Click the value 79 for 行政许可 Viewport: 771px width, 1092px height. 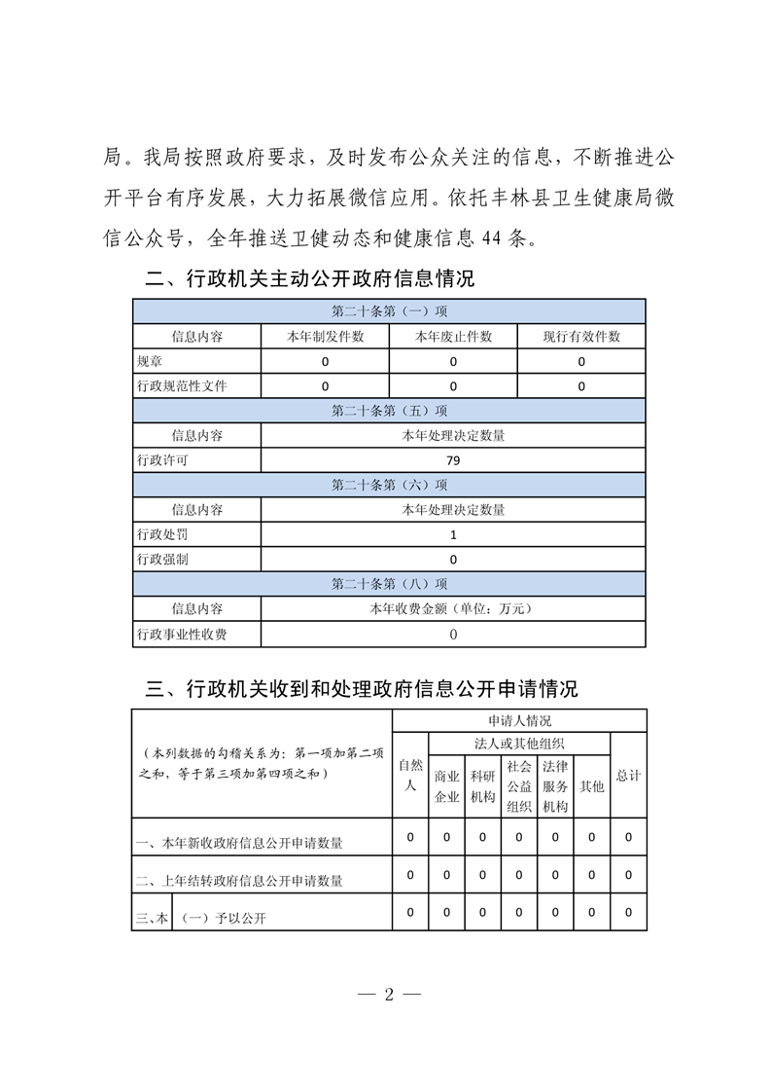[x=453, y=460]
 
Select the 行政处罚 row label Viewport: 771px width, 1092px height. [x=160, y=534]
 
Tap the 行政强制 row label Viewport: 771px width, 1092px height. [x=160, y=560]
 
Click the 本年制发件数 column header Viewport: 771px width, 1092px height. [x=325, y=337]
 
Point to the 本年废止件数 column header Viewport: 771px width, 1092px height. [x=453, y=337]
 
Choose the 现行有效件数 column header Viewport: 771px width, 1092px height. [x=581, y=337]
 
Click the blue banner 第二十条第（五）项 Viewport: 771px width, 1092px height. [x=389, y=411]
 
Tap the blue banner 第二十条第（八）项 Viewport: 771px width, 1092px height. [x=389, y=584]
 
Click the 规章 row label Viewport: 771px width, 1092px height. [x=149, y=361]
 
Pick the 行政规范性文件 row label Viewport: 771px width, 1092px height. [x=182, y=386]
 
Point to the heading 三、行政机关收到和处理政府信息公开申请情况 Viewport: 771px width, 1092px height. [x=361, y=689]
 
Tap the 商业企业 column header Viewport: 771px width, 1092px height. [x=446, y=786]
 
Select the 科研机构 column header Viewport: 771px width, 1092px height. [x=482, y=786]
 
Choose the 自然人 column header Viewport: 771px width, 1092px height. [x=410, y=776]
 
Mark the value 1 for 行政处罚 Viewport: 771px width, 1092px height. [x=453, y=534]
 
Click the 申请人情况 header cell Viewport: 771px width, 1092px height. [x=519, y=721]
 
